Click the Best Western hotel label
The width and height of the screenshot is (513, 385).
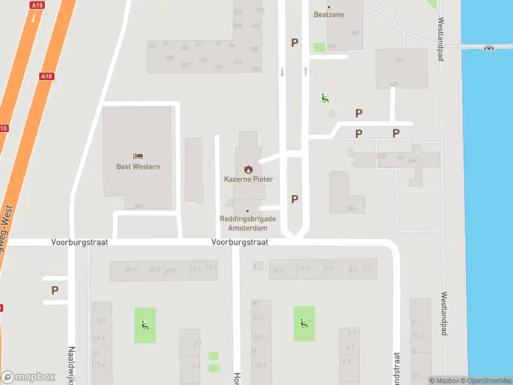click(x=138, y=167)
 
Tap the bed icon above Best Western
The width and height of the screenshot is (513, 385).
click(x=138, y=156)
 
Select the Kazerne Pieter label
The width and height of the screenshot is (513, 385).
click(x=248, y=179)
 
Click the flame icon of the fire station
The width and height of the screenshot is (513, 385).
click(x=248, y=169)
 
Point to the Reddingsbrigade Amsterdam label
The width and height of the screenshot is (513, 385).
click(x=248, y=223)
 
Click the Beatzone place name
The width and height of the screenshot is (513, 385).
click(x=329, y=14)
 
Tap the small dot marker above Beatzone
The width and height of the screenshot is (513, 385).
click(x=329, y=6)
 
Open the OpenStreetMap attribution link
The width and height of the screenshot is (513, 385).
click(x=490, y=381)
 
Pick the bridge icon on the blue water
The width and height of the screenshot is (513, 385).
click(x=489, y=46)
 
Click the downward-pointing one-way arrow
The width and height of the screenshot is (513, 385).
click(x=282, y=72)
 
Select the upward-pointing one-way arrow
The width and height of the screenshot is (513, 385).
click(x=306, y=71)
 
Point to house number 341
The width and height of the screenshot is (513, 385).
click(x=400, y=61)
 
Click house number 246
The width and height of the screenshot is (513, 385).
click(x=350, y=208)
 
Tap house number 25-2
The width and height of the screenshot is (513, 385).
click(x=155, y=269)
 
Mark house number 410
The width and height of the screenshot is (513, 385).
click(x=238, y=62)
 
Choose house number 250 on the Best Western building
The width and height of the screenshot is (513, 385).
click(x=139, y=206)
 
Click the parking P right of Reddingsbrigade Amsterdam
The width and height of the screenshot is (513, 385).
click(x=294, y=199)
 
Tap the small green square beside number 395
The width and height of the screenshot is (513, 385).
click(x=319, y=47)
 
